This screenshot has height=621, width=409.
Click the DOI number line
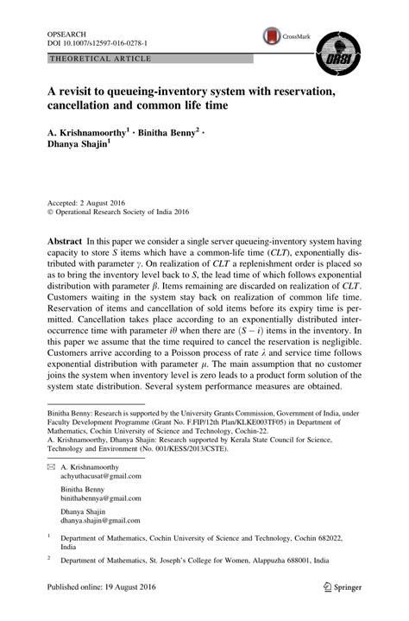click(98, 41)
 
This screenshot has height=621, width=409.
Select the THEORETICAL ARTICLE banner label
click(101, 59)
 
